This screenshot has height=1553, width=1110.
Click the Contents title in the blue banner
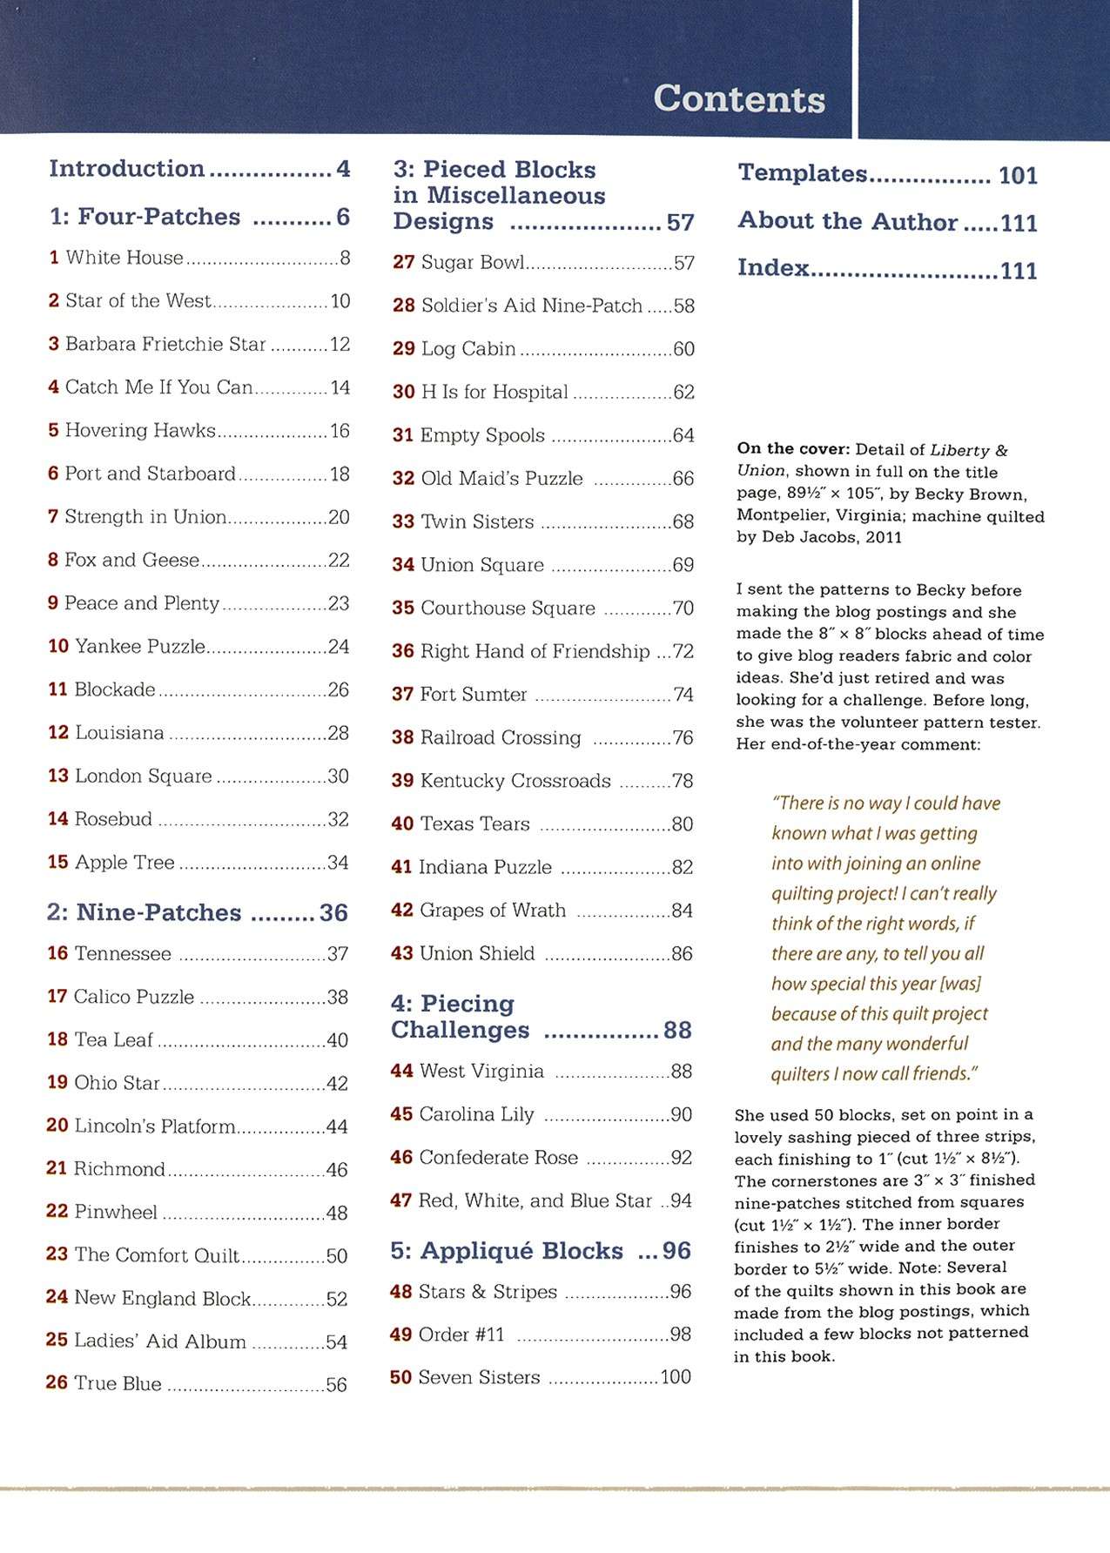tap(739, 98)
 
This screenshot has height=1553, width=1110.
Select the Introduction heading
tap(127, 168)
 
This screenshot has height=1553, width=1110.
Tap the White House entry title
tap(124, 258)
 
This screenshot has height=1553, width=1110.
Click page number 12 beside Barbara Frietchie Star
tap(340, 345)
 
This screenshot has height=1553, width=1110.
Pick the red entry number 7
tap(53, 517)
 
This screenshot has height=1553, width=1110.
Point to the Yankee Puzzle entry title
tap(139, 647)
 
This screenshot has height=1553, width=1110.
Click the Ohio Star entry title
tap(117, 1083)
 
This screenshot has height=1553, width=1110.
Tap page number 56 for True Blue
tap(336, 1385)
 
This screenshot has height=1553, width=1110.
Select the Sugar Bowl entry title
tap(473, 262)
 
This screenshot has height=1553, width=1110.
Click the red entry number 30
tap(403, 393)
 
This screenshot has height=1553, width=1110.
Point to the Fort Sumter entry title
tap(474, 695)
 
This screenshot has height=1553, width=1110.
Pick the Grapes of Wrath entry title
tap(493, 911)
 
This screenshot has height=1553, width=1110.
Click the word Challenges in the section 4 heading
tap(460, 1030)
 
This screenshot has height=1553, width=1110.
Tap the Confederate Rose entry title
tap(498, 1158)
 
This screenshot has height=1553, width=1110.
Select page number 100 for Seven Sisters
tap(676, 1377)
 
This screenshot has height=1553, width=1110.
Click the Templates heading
tap(803, 173)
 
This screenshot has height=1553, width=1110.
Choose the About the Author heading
tap(848, 221)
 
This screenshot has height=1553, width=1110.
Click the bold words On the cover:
tap(792, 449)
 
